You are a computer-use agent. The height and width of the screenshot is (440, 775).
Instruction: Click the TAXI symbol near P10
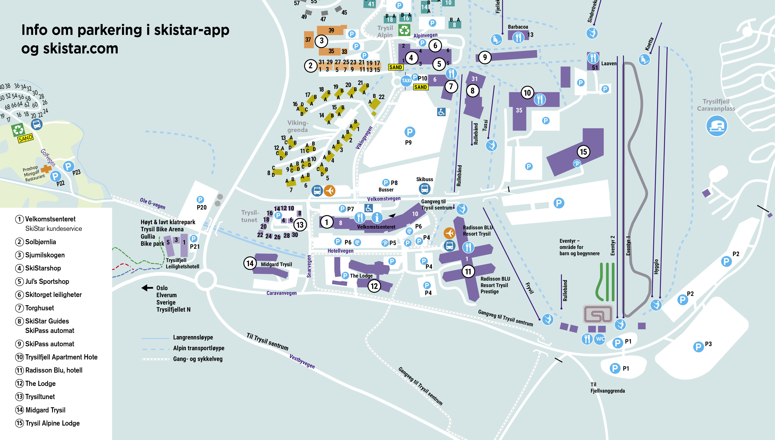tap(406, 80)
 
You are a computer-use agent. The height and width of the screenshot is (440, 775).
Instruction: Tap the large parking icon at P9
tap(409, 132)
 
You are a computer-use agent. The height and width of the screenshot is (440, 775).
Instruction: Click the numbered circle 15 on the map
tap(583, 152)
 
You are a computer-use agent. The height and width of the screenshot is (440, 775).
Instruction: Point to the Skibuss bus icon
tap(425, 189)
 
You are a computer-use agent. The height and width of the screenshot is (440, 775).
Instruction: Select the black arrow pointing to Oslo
tap(147, 288)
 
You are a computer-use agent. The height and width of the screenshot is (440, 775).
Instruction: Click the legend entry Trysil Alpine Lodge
tap(52, 423)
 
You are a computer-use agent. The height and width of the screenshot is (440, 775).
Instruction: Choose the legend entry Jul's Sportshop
tap(47, 281)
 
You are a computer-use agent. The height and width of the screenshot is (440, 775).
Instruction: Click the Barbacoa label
tap(518, 27)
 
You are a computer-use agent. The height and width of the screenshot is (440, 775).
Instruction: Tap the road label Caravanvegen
tap(281, 293)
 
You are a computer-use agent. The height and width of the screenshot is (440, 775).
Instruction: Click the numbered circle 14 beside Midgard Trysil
tap(250, 263)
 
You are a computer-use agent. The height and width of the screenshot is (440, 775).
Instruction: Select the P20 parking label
tap(201, 207)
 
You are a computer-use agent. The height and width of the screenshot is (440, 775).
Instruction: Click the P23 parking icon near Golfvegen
tap(68, 166)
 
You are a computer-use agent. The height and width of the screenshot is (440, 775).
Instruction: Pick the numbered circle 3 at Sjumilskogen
tap(321, 40)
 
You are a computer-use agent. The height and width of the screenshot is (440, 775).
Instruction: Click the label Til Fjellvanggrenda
tap(607, 387)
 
